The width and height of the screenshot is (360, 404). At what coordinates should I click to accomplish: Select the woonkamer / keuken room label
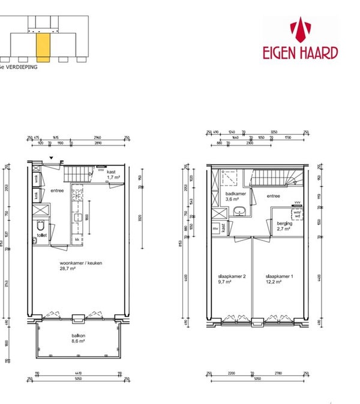click(x=76, y=263)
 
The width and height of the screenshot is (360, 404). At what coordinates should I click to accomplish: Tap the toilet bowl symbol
click(x=40, y=227)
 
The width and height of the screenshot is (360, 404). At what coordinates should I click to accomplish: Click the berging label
click(x=284, y=224)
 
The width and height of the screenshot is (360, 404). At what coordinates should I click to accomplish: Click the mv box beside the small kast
click(x=215, y=228)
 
